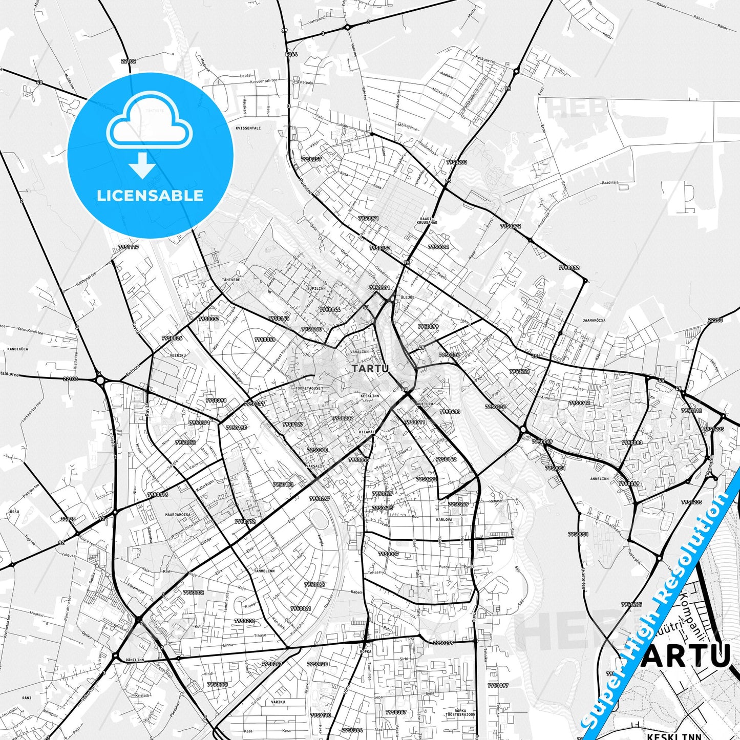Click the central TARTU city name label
370,368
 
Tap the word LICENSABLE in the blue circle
150,196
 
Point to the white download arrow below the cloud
142,165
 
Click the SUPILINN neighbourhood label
316,288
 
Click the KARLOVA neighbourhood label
444,519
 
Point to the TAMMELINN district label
264,570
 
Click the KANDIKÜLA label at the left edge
17,349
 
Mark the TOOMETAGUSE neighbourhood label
308,388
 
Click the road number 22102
129,61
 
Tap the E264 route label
291,54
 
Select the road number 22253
715,320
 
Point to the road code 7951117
129,247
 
